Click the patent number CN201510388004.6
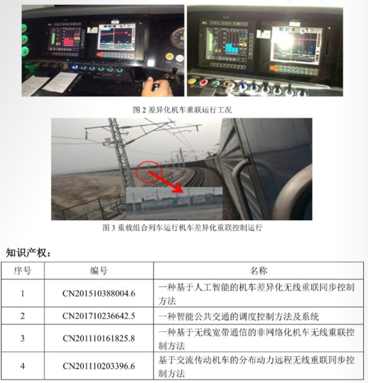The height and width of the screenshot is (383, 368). (99, 293)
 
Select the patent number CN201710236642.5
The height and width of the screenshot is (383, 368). (99, 316)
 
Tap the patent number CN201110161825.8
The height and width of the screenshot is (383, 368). (99, 338)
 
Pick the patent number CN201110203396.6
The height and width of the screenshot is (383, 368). (99, 366)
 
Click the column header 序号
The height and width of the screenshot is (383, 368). (22, 271)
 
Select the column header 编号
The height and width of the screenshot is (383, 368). (99, 271)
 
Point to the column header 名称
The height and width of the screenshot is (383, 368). (259, 271)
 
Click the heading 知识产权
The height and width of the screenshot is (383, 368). (28, 253)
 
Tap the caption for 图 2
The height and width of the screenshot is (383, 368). (182, 110)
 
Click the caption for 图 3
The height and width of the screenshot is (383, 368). (182, 227)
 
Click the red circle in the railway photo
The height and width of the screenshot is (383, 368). (149, 172)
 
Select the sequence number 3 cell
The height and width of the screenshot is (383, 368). (22, 338)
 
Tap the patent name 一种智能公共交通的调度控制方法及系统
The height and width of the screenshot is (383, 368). (239, 317)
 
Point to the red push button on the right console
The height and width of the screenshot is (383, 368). (204, 82)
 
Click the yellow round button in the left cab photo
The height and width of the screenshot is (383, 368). (170, 57)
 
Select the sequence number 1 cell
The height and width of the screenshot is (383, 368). (22, 293)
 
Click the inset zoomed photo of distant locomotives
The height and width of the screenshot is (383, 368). (174, 203)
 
